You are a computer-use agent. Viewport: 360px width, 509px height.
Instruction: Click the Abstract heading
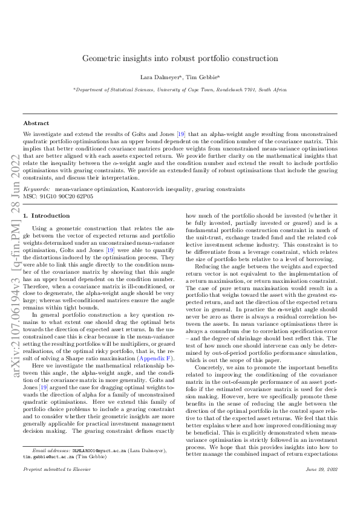click(36, 123)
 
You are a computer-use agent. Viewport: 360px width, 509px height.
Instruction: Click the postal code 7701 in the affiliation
click(252, 89)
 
